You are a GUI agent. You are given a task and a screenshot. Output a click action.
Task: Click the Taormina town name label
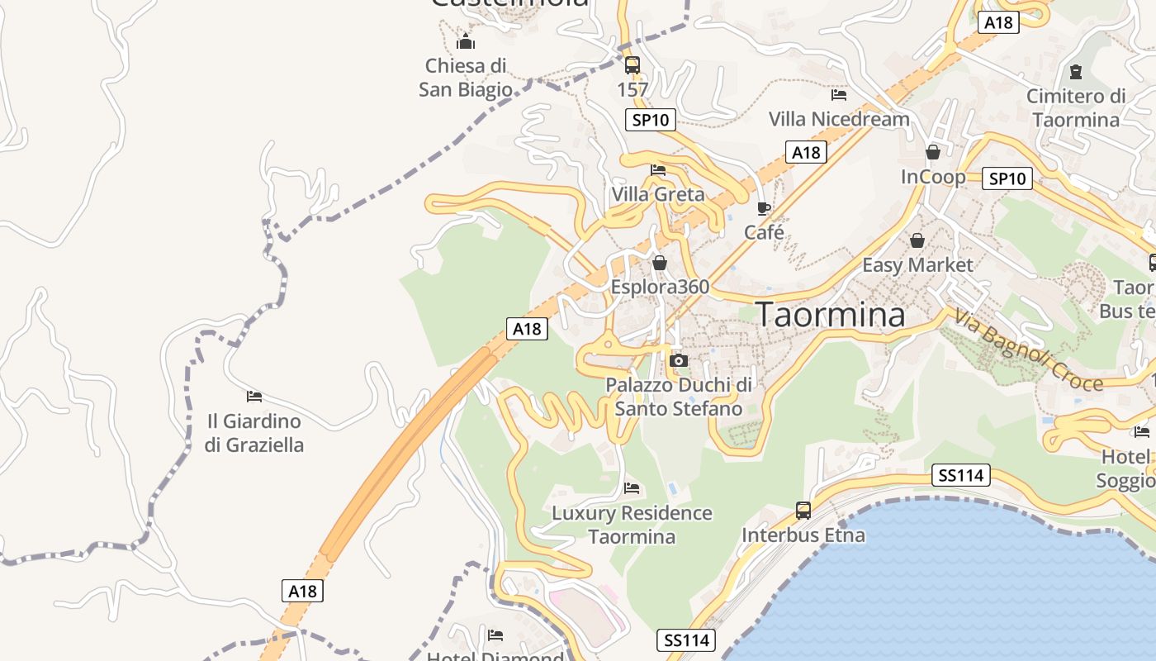830,315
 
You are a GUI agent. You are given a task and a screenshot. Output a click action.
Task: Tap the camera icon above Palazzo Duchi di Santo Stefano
679,360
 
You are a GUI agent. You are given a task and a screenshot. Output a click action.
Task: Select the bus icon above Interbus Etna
803,510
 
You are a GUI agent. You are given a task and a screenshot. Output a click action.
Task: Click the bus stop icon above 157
632,64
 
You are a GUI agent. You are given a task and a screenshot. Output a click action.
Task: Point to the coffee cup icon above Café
763,208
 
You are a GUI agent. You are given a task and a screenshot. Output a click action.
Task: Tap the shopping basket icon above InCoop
932,152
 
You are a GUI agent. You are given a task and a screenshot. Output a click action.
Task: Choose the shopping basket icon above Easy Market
917,240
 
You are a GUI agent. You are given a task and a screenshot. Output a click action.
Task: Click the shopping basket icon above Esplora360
659,263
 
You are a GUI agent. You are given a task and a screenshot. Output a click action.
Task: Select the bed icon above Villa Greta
658,170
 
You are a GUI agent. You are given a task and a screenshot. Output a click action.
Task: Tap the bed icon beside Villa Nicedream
839,95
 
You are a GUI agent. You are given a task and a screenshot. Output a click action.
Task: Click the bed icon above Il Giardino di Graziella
254,397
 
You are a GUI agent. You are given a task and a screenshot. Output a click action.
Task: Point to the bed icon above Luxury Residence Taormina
632,488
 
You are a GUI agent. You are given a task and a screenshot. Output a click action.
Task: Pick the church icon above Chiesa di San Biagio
465,40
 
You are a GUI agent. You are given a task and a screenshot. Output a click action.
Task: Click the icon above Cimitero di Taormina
1075,72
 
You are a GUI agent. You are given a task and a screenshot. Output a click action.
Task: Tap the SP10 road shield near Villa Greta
651,120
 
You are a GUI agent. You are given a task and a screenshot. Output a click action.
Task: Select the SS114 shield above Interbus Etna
961,475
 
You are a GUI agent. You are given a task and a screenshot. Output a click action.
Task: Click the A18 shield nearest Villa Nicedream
806,152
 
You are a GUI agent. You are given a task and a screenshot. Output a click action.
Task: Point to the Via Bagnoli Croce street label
1028,350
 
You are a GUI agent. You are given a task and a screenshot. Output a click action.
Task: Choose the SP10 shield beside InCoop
1007,178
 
